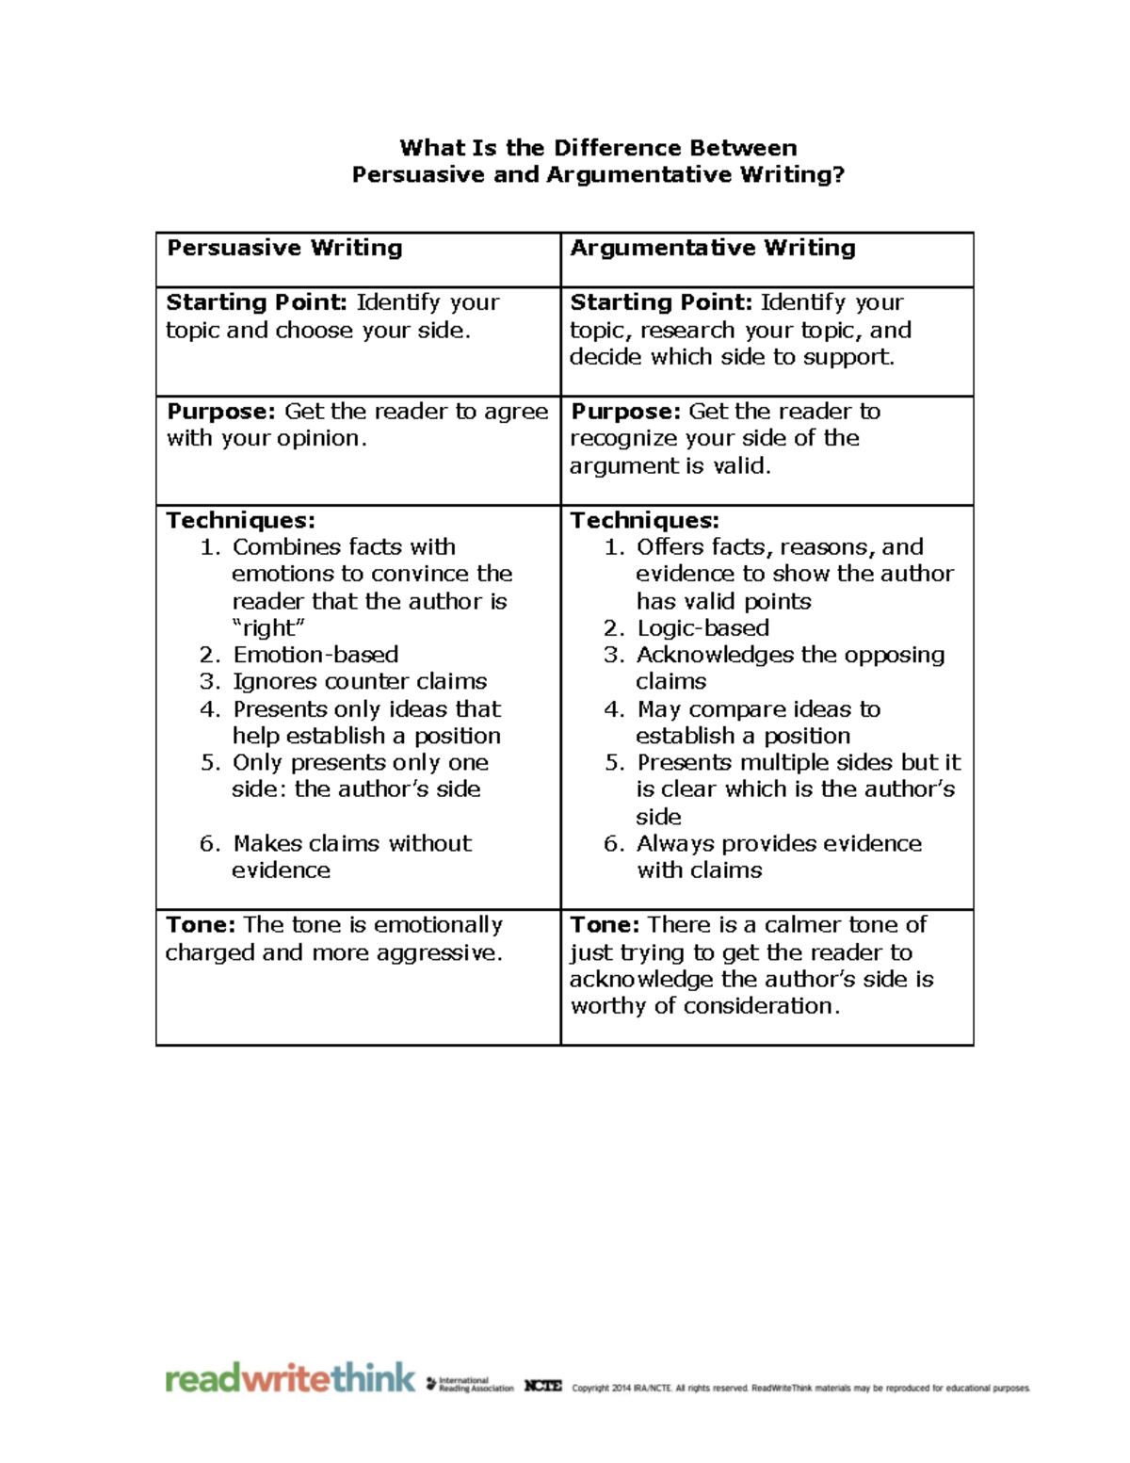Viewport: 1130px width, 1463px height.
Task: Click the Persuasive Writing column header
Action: coord(284,248)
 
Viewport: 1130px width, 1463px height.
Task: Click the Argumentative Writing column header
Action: coord(713,248)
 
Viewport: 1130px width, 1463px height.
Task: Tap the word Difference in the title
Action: coord(617,148)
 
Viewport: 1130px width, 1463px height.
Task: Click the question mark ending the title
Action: coord(838,175)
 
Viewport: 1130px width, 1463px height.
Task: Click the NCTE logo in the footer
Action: coord(543,1386)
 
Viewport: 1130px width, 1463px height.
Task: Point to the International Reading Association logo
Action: coord(470,1384)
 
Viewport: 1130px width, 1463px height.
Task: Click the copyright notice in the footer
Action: coord(800,1388)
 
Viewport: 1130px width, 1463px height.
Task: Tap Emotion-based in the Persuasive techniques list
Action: coord(315,655)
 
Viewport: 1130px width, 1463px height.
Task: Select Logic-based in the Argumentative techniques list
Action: coord(702,628)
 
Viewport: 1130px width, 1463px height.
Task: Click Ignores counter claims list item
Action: coord(360,681)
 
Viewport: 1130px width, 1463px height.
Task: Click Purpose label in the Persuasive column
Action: coord(221,412)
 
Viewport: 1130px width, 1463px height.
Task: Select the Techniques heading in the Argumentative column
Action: coord(644,520)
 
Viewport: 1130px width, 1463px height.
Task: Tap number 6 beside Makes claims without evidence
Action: coord(209,843)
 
